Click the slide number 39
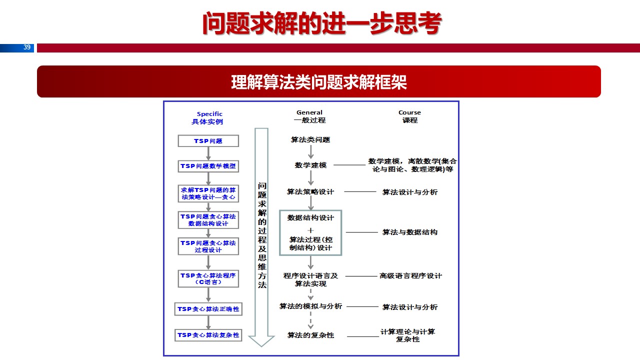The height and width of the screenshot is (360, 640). click(x=27, y=47)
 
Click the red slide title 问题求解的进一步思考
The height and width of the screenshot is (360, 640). click(x=322, y=23)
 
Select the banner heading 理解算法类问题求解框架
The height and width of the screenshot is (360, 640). click(x=319, y=82)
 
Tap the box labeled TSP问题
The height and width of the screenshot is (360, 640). click(x=208, y=141)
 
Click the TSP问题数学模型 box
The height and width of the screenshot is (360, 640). click(x=208, y=166)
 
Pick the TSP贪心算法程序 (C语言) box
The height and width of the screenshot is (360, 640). click(x=208, y=278)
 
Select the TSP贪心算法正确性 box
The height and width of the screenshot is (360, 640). click(x=208, y=309)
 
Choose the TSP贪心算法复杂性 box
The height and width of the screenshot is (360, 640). click(x=208, y=335)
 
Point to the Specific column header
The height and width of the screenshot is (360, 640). click(x=209, y=114)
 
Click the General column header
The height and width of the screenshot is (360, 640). click(x=309, y=112)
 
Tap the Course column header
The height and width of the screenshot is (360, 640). click(x=409, y=112)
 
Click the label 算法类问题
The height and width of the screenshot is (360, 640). click(x=310, y=140)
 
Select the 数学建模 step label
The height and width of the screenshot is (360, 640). click(x=310, y=165)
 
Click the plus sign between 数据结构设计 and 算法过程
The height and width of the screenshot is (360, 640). click(x=310, y=230)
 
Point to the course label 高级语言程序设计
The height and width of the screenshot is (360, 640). click(x=410, y=275)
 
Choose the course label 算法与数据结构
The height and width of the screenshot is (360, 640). click(x=410, y=232)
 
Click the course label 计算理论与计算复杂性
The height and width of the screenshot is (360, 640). click(x=408, y=335)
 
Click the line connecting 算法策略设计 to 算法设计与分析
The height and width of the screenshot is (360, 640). click(x=360, y=191)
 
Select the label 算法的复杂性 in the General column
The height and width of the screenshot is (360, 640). click(x=310, y=335)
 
